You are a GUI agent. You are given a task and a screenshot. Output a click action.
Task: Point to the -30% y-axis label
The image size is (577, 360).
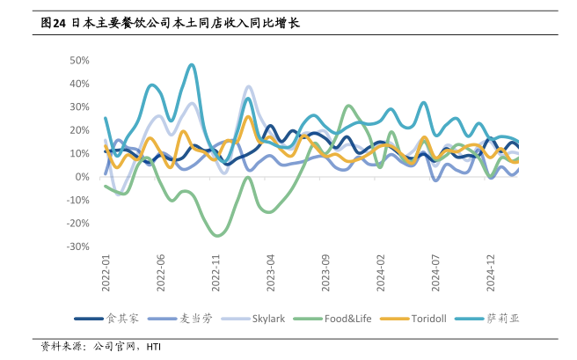(77, 246)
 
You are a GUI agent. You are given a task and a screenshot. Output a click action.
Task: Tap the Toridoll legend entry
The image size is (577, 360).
(430, 318)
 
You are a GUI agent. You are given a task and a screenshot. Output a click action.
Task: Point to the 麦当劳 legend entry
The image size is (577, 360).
(193, 318)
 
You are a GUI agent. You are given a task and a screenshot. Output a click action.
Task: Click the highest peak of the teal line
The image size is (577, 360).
(191, 64)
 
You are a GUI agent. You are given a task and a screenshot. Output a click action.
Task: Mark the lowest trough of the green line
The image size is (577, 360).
(216, 235)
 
